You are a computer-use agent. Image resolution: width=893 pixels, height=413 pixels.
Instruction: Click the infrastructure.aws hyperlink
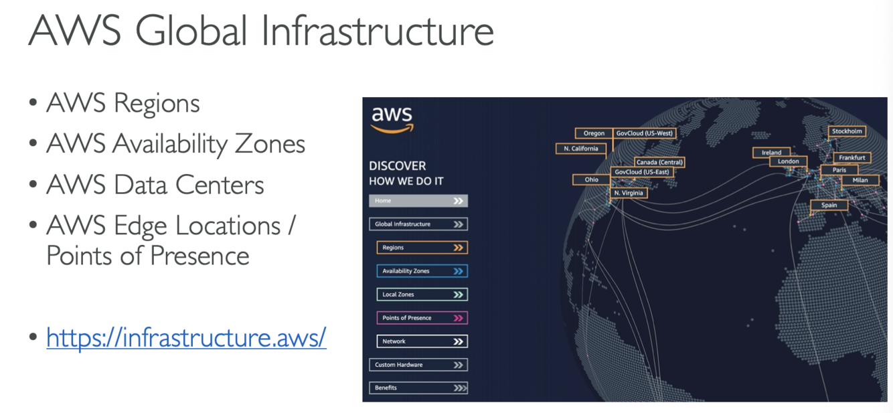click(x=186, y=338)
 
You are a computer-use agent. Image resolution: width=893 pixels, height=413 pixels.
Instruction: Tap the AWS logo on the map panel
click(x=392, y=119)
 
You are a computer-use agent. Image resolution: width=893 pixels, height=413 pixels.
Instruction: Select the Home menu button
click(x=418, y=201)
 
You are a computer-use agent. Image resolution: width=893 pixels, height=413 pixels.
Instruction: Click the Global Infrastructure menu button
click(x=418, y=224)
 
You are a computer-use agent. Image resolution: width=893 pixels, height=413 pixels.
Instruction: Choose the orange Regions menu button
click(x=422, y=248)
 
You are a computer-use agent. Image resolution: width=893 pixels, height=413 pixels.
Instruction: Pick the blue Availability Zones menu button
click(x=422, y=271)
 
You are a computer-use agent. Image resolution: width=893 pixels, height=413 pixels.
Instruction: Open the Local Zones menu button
click(x=422, y=295)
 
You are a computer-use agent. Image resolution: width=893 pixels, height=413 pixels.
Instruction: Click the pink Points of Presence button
click(x=422, y=318)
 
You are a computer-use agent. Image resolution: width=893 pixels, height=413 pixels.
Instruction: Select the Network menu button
click(x=422, y=341)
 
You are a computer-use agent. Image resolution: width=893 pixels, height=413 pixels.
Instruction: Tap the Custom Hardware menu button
click(x=418, y=365)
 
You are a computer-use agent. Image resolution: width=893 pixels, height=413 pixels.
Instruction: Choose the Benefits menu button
click(x=418, y=388)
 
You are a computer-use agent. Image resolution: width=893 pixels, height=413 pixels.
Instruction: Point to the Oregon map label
click(x=594, y=133)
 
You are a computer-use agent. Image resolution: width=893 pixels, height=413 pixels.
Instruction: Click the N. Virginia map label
click(x=628, y=193)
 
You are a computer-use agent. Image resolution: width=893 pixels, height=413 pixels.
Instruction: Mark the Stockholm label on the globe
click(x=847, y=131)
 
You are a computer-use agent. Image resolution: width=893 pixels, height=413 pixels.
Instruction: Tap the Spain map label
click(x=829, y=205)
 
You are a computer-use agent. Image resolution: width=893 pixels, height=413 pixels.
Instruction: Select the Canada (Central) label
click(x=659, y=162)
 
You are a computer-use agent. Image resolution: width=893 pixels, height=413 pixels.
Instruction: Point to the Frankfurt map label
click(x=852, y=157)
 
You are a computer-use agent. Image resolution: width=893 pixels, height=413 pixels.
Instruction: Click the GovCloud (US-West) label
click(x=644, y=133)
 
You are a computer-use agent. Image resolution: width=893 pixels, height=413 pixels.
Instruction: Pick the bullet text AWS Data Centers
click(x=155, y=185)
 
